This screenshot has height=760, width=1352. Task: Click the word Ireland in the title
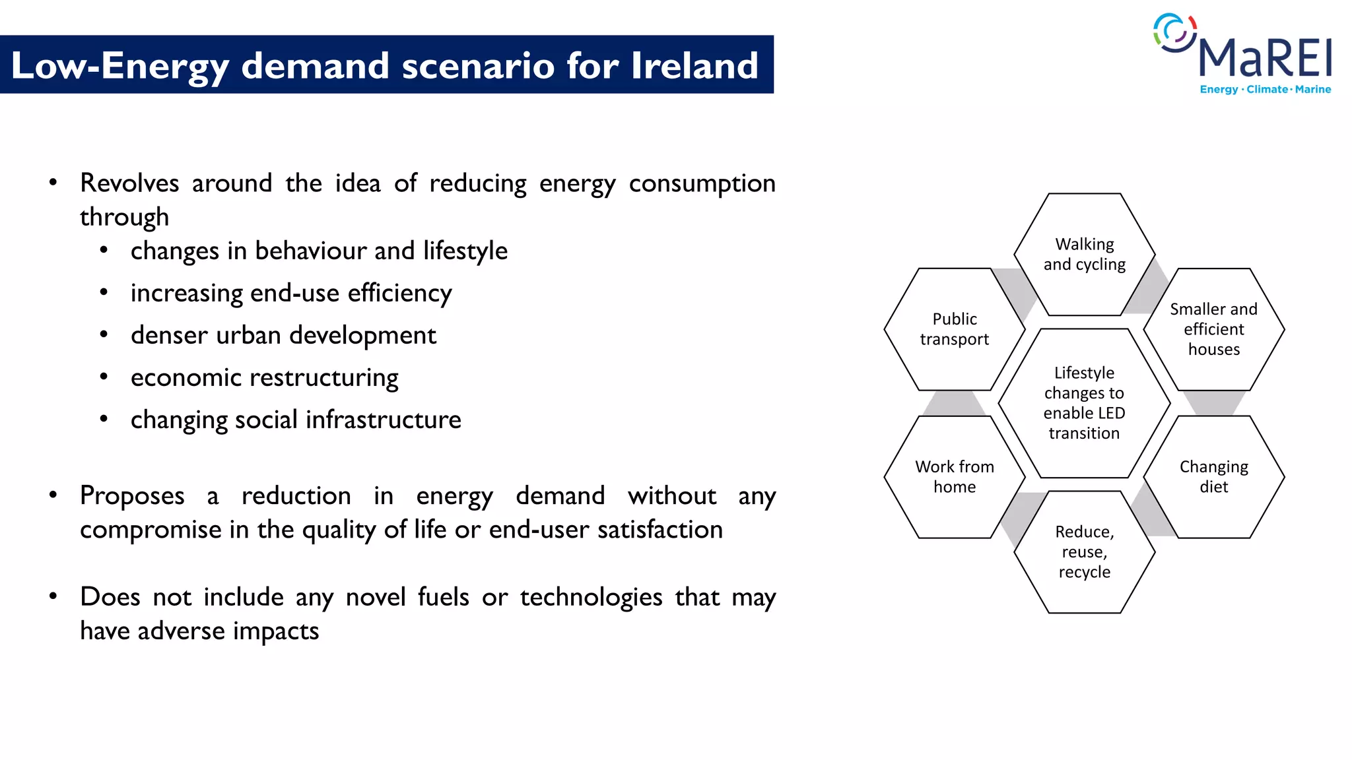(694, 65)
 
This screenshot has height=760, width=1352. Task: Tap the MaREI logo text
(1264, 59)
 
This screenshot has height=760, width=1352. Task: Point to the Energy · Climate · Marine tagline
(1265, 90)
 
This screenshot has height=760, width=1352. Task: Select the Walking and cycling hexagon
(1084, 255)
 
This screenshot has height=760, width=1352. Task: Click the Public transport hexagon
(954, 329)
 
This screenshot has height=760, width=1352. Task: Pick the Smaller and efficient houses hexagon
(1213, 329)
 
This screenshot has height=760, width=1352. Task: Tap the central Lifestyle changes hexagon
(1084, 403)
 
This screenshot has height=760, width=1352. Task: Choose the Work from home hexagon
(954, 477)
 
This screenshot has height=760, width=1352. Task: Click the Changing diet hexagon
(1213, 477)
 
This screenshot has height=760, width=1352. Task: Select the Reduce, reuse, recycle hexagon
(1084, 552)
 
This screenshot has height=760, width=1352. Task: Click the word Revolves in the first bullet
(129, 183)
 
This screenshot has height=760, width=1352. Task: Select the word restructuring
(323, 378)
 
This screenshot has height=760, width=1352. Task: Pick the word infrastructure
(383, 420)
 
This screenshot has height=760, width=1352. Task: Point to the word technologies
(591, 598)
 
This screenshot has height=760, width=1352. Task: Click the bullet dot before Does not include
(53, 596)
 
